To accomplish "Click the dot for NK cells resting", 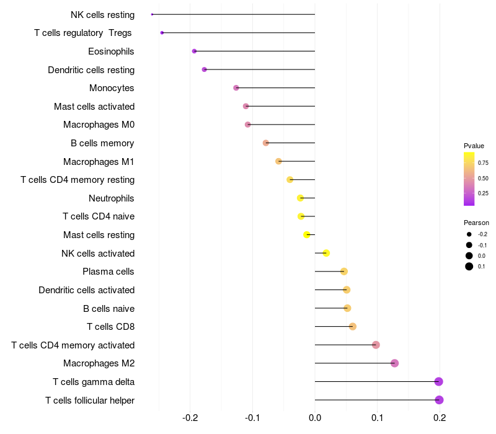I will click(x=152, y=14).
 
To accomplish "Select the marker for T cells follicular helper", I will click(x=439, y=400).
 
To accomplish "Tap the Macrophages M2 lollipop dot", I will click(x=394, y=363).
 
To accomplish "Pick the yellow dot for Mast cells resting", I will click(x=307, y=234).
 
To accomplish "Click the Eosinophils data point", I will click(x=194, y=51).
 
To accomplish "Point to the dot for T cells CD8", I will click(x=353, y=327).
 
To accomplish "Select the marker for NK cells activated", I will click(x=326, y=253).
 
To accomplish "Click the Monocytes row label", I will click(x=112, y=88).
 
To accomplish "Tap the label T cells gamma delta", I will click(x=94, y=382).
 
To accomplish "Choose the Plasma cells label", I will click(x=108, y=272).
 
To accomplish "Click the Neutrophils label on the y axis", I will click(x=112, y=198).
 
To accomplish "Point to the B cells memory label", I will click(x=102, y=143).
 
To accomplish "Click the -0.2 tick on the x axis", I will click(x=190, y=419).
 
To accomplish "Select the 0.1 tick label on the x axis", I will click(x=377, y=419).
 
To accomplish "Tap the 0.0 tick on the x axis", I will click(x=315, y=419).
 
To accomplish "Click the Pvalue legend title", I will click(x=474, y=146).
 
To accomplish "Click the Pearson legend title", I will click(x=476, y=223).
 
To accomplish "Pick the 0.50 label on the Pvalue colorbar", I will click(x=483, y=179).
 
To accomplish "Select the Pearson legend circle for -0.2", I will click(x=469, y=234).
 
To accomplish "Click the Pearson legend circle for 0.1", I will click(x=469, y=267).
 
